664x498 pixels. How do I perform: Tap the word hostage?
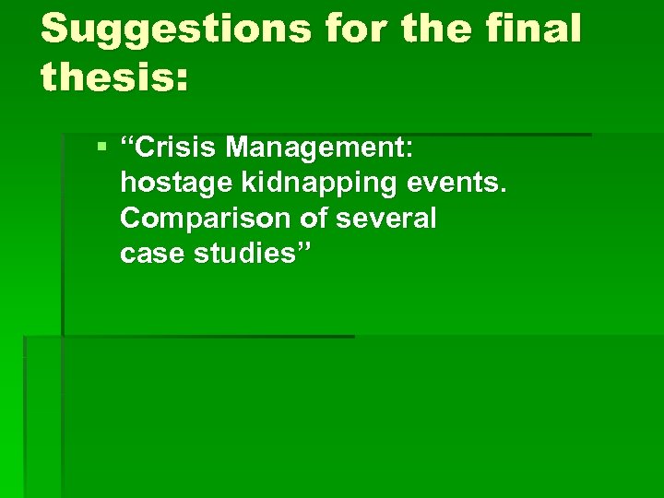point(174,184)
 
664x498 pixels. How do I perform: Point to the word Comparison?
point(204,219)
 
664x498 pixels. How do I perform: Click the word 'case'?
point(151,255)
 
